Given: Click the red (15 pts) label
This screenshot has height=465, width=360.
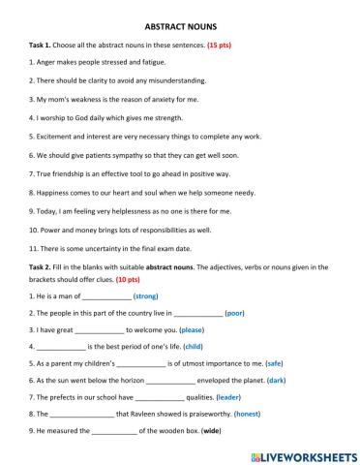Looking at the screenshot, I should (x=206, y=46).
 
